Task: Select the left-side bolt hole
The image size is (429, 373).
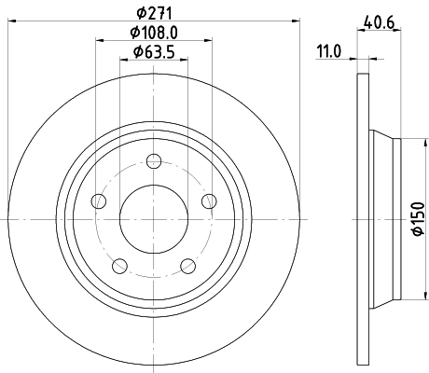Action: point(98,201)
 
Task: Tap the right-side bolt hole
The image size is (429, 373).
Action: point(208,201)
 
